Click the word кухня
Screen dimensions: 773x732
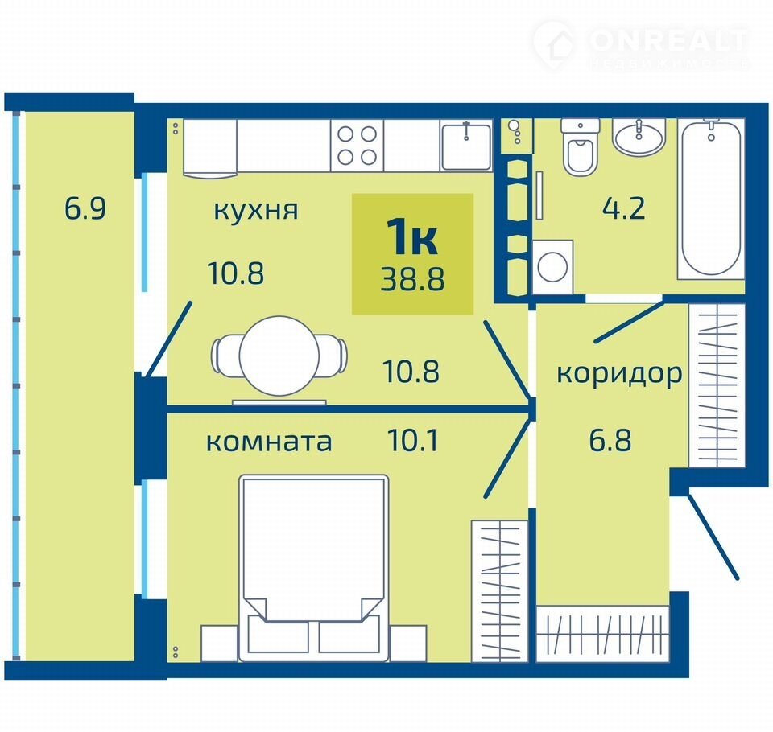pos(256,210)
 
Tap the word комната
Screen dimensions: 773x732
pos(269,442)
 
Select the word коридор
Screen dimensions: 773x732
pos(620,374)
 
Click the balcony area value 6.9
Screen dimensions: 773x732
pos(85,208)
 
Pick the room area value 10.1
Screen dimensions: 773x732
pos(413,440)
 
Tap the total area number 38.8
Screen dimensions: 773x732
pos(412,279)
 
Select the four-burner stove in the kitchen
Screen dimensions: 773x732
pos(357,146)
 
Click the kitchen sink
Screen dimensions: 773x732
pos(466,146)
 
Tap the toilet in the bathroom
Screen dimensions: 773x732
pos(581,146)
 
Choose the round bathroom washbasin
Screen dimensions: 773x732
pos(639,137)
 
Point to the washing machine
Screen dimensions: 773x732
pos(552,266)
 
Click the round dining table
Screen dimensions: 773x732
pos(279,356)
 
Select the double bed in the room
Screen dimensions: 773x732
pos(313,568)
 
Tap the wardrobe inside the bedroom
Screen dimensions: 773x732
pos(499,590)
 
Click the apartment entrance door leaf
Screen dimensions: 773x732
pos(713,537)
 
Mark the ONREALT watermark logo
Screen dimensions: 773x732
pos(642,44)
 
